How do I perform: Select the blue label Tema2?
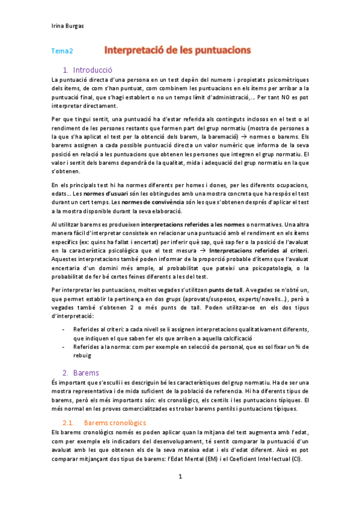click(62, 52)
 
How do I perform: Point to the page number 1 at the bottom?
click(180, 477)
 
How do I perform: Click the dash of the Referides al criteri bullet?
click(64, 330)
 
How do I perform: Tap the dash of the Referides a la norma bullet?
click(64, 346)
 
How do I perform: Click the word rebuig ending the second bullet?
click(82, 355)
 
